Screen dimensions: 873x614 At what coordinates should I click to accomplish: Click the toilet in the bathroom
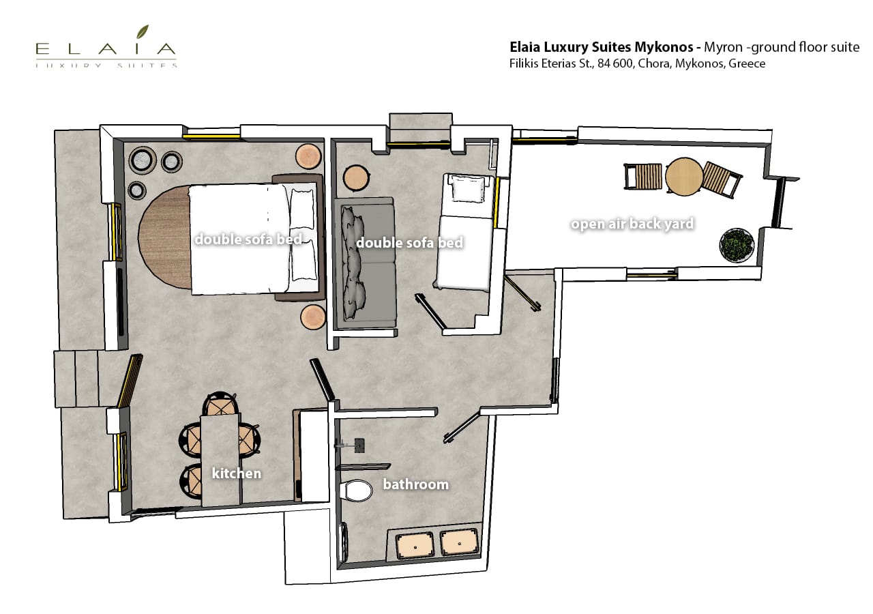tap(355, 491)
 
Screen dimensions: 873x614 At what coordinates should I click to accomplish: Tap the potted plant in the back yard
tap(736, 245)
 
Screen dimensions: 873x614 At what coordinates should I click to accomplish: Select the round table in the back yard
tap(684, 176)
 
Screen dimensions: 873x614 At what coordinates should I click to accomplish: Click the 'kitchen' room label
tap(236, 473)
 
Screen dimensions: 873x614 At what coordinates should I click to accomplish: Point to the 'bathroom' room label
tap(415, 484)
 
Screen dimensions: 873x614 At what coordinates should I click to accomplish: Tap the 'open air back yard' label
tap(632, 224)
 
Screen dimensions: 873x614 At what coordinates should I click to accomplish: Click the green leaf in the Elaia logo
tap(143, 32)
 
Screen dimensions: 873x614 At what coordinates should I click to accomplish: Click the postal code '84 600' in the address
tap(615, 63)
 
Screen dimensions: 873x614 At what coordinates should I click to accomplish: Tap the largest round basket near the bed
tap(143, 160)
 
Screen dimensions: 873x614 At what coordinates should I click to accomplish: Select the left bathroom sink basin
tap(415, 544)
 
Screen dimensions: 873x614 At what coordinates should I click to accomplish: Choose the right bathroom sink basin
tap(459, 542)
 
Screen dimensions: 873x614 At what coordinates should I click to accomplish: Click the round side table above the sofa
tap(355, 178)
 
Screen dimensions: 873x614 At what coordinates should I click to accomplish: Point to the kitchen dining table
tap(220, 460)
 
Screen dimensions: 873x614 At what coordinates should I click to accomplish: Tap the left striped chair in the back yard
tap(643, 176)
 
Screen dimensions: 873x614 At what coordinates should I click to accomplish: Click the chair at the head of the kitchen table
tap(221, 404)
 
